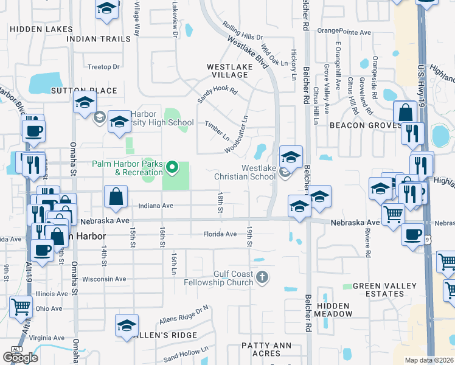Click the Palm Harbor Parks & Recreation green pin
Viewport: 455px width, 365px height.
(172, 166)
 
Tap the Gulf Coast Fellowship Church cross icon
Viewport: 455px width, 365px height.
(262, 278)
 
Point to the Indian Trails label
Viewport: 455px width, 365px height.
(98, 38)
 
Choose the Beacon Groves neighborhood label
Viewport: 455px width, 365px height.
(363, 125)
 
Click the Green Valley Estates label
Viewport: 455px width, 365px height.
(385, 290)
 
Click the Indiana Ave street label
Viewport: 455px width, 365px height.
(155, 206)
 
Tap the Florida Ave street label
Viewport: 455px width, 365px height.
(220, 234)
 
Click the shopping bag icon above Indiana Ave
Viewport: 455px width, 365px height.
(116, 196)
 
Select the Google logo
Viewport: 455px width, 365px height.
(20, 357)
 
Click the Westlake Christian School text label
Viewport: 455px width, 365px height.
(241, 172)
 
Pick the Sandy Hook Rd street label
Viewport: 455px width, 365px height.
(217, 96)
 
